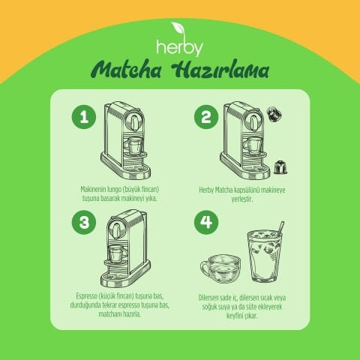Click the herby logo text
[179, 47]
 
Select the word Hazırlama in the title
[222, 71]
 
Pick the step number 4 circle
[205, 222]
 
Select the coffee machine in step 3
[125, 247]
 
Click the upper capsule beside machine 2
[275, 115]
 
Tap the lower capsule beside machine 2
[280, 166]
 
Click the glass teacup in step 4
[218, 265]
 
